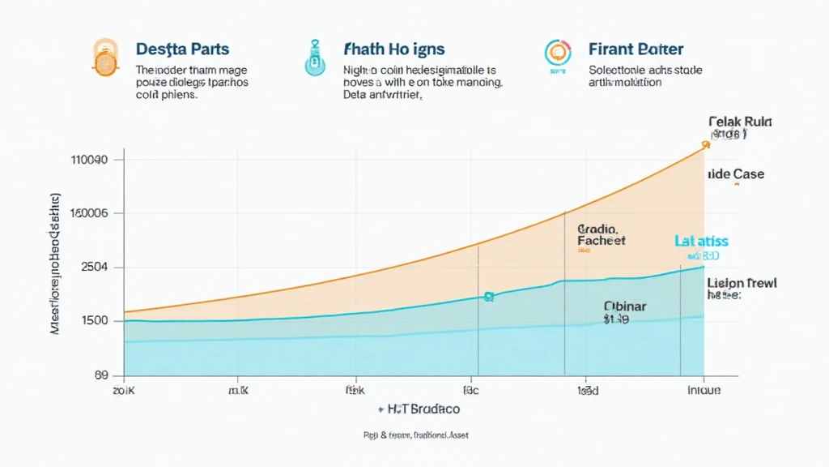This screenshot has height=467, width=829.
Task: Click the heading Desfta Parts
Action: click(x=182, y=50)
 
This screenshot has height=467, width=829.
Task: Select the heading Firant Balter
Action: click(x=636, y=50)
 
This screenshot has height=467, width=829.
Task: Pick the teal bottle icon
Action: click(x=312, y=58)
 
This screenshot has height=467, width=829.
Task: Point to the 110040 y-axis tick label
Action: click(x=90, y=160)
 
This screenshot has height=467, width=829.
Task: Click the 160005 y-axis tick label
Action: click(x=90, y=213)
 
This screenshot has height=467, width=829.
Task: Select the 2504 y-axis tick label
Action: click(x=94, y=268)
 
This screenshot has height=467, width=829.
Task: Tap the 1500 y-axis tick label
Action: click(x=94, y=321)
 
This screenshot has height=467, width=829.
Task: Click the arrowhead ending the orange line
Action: click(x=705, y=144)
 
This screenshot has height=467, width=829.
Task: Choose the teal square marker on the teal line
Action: click(x=488, y=298)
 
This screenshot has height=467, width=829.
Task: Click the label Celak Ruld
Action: click(x=740, y=122)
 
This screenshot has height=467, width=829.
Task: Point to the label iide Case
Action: click(x=735, y=174)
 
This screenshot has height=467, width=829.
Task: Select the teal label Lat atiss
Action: click(x=701, y=241)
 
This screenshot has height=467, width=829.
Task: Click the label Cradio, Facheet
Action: click(x=601, y=235)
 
